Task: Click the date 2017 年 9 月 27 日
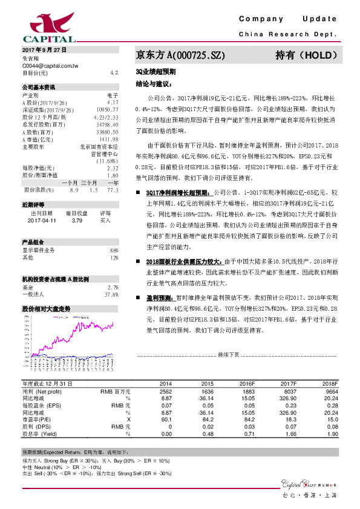click(x=44, y=49)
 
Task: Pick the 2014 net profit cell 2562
click(x=166, y=392)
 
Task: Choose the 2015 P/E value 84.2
click(x=207, y=419)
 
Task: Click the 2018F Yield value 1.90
click(x=330, y=433)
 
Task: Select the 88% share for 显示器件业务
click(x=114, y=250)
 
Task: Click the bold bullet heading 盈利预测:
click(x=159, y=298)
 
